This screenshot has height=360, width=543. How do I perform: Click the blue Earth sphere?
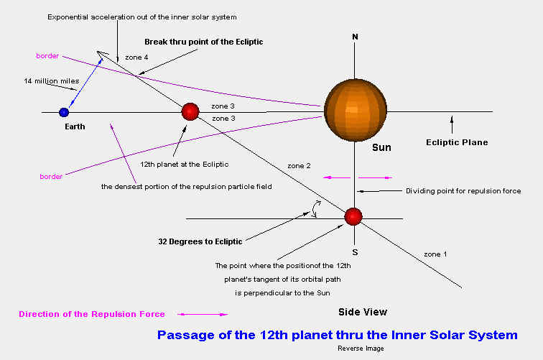click(64, 112)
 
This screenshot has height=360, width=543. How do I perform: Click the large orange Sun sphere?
click(356, 110)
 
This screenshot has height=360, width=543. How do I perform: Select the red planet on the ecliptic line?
click(190, 111)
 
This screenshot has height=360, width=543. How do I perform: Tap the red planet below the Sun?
click(353, 216)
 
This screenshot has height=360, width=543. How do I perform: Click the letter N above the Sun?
click(355, 37)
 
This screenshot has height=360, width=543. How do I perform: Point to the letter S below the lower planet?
click(355, 253)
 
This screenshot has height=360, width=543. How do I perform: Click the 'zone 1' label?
click(435, 254)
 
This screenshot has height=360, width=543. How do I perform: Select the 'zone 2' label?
click(299, 166)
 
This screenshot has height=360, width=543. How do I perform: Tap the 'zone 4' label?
click(136, 57)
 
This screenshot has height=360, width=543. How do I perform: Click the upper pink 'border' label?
click(47, 56)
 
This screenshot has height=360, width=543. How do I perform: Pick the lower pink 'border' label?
click(51, 176)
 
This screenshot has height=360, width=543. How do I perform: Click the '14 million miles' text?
click(52, 81)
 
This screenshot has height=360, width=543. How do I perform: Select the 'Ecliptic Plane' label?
click(457, 142)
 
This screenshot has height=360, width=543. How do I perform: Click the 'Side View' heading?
click(363, 312)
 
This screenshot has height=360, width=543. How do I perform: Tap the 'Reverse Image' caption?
click(361, 349)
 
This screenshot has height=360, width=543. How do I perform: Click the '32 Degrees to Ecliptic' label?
click(200, 241)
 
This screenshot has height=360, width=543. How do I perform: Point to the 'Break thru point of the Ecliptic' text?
click(204, 42)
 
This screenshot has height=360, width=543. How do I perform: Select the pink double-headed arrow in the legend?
click(203, 314)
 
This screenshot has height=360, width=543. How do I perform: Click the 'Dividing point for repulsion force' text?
click(463, 191)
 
